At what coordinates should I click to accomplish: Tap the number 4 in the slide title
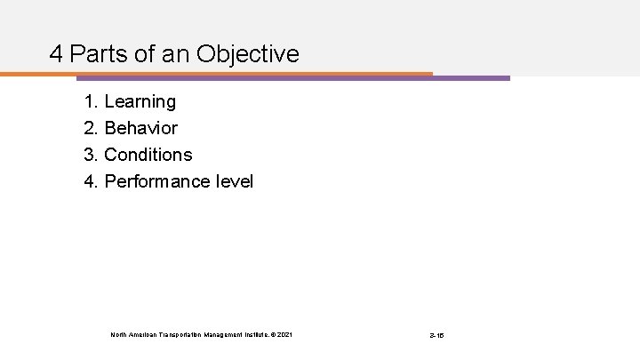point(56,55)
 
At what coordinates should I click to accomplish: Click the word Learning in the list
point(140,102)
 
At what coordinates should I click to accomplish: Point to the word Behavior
point(140,129)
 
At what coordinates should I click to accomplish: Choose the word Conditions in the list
point(148,155)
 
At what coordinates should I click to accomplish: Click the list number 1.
point(90,102)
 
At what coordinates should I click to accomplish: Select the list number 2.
point(90,129)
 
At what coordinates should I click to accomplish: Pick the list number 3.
point(90,155)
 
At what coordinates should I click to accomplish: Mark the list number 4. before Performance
point(90,181)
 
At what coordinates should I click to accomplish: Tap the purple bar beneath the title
point(471,78)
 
